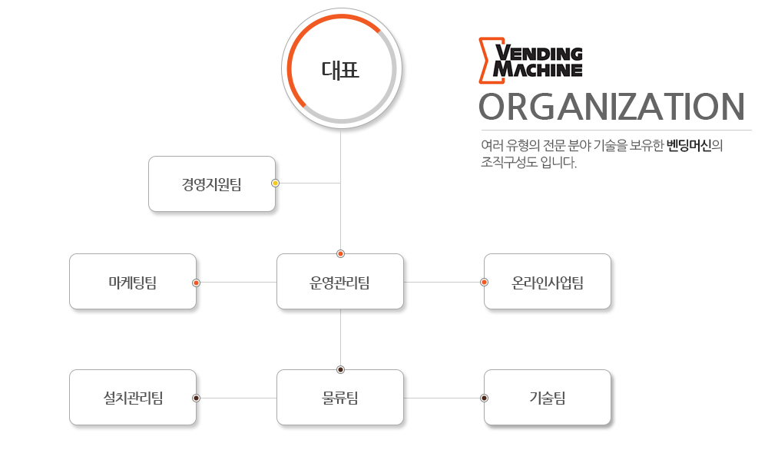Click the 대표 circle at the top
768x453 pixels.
click(x=342, y=68)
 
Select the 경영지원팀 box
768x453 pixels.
click(x=212, y=184)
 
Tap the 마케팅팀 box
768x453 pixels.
click(x=133, y=281)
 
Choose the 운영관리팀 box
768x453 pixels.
click(x=340, y=281)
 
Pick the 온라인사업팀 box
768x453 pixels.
click(x=547, y=281)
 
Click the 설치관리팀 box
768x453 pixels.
click(x=133, y=397)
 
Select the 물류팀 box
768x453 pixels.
click(x=340, y=397)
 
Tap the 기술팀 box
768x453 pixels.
click(x=547, y=397)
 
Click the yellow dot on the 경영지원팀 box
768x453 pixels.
click(x=275, y=184)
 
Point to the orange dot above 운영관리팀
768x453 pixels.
click(x=340, y=253)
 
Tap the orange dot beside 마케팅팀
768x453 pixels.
click(x=196, y=283)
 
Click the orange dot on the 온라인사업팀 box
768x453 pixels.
click(x=484, y=282)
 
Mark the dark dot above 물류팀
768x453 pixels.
click(x=340, y=370)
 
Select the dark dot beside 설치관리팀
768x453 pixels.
click(x=196, y=398)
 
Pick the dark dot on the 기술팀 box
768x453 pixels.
click(x=484, y=398)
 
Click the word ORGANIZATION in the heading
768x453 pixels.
click(x=611, y=107)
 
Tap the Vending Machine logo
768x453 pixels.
click(x=531, y=60)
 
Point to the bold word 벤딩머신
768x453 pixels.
click(x=689, y=145)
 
